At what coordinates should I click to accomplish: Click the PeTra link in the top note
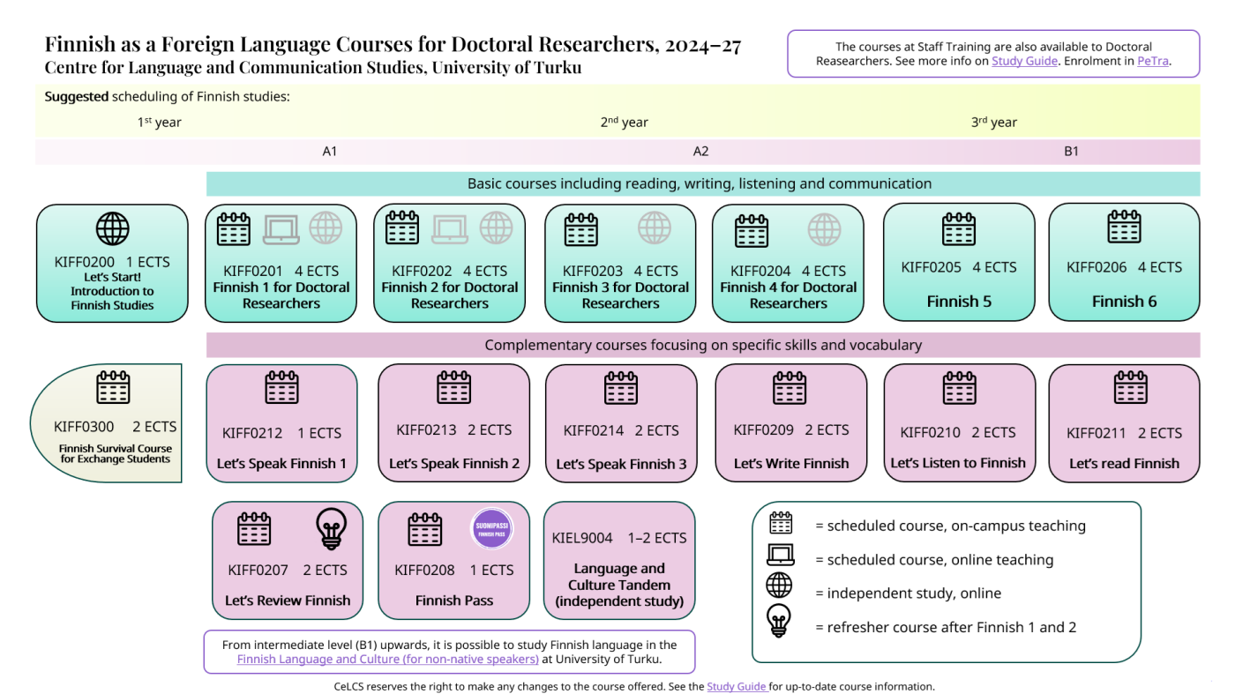click(1152, 61)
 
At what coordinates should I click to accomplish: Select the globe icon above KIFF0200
click(113, 228)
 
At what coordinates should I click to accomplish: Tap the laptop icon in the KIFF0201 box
click(281, 228)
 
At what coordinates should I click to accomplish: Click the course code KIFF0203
click(592, 272)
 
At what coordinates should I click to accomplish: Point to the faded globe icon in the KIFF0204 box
click(824, 229)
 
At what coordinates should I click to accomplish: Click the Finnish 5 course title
click(959, 302)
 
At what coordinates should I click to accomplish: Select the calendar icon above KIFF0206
click(1124, 228)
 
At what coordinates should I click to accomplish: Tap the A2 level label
click(700, 152)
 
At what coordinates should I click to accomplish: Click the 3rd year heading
click(993, 122)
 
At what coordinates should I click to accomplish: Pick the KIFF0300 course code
click(84, 427)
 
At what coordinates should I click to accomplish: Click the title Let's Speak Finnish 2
click(453, 464)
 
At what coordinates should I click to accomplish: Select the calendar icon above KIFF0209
click(789, 387)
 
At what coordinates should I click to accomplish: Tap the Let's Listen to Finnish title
click(958, 463)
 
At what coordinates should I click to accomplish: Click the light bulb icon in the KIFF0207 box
click(332, 529)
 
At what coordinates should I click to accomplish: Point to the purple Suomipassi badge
click(492, 528)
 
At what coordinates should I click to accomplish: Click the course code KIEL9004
click(582, 538)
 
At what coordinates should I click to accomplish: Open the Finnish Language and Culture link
click(387, 660)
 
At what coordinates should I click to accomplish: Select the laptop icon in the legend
click(780, 555)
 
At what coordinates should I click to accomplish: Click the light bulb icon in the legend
click(778, 621)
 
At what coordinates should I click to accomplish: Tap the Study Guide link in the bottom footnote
click(737, 687)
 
